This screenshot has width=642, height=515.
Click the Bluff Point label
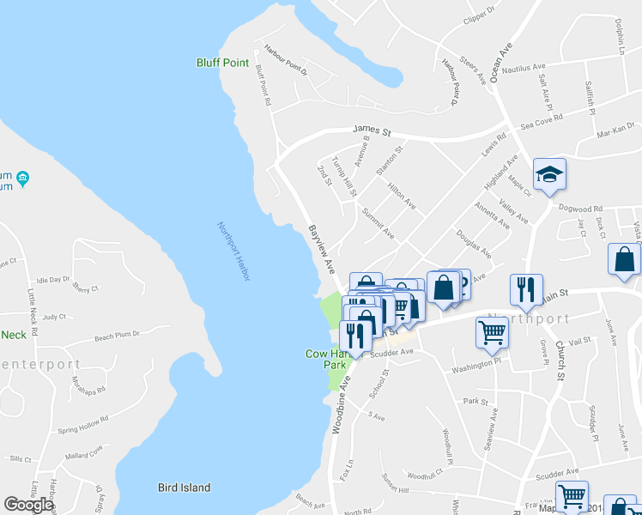(222, 63)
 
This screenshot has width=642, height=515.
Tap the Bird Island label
(184, 488)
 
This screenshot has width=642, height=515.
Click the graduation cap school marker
(549, 175)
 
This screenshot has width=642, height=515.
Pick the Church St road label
(559, 360)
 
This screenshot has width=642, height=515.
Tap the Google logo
(28, 505)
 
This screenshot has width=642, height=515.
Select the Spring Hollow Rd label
(83, 423)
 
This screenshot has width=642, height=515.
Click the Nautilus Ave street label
(524, 67)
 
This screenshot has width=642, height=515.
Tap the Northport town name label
(528, 318)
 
